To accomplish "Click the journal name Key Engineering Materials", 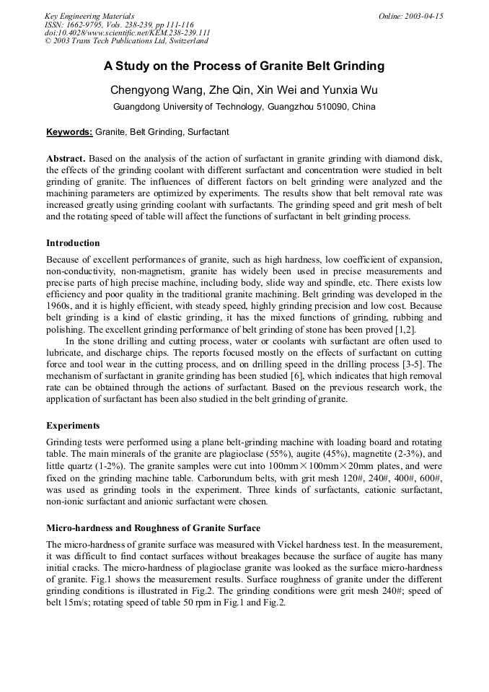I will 89,16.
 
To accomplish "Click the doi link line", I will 128,33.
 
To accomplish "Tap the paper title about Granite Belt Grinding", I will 244,66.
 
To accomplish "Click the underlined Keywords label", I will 69,133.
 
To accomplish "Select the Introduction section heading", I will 73,242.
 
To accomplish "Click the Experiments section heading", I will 73,425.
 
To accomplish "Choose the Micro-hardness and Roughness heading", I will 153,528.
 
